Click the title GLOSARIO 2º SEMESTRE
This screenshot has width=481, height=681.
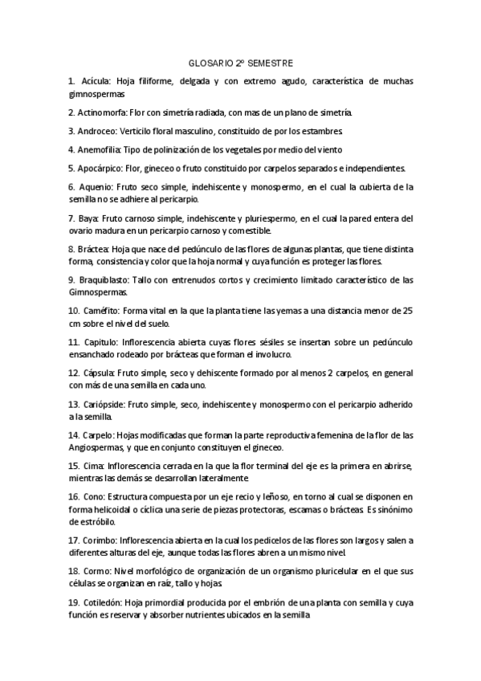240,63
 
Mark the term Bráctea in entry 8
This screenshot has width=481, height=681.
94,249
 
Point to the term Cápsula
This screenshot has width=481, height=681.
100,373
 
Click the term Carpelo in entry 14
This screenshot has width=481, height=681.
99,435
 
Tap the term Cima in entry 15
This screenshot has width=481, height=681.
93,467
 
